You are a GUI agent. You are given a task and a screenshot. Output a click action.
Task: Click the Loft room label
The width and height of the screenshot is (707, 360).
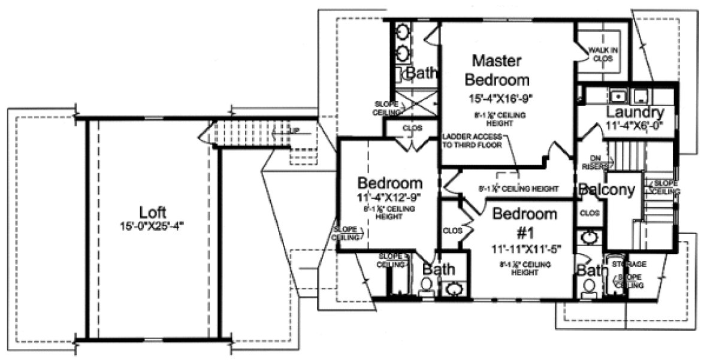click(153, 213)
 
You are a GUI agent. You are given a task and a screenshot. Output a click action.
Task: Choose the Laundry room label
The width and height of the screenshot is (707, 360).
click(634, 113)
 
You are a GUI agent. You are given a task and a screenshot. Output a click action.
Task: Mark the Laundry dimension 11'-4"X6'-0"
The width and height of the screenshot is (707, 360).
click(634, 126)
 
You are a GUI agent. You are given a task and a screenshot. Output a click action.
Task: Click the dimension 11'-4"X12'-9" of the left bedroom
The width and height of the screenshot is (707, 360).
click(389, 196)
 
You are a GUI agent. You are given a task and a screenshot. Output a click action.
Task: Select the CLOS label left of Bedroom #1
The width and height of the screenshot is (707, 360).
click(452, 229)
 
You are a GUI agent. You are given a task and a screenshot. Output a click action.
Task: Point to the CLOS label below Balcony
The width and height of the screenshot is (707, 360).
click(590, 212)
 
